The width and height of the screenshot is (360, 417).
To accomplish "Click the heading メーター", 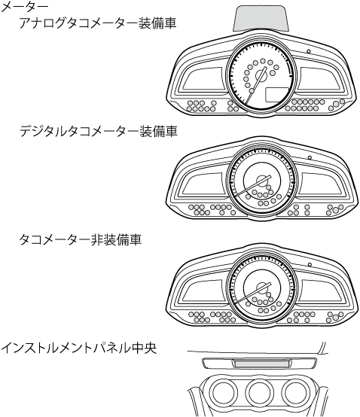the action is [24, 8].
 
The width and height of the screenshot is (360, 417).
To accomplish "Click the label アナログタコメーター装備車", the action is [98, 23].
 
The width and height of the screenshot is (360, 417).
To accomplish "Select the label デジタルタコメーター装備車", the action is [99, 131].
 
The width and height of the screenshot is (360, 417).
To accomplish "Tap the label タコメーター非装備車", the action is [80, 239].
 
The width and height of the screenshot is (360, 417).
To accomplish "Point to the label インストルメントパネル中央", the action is [78, 348].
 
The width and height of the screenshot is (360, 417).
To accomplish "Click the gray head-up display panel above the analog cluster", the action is [261, 18].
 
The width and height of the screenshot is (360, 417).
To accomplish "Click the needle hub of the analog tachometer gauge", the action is [261, 76].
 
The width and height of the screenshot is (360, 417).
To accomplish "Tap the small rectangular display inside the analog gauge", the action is [277, 95].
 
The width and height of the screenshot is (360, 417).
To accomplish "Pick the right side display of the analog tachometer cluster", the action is [320, 79].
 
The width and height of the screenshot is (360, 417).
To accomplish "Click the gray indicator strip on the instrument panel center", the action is [261, 364].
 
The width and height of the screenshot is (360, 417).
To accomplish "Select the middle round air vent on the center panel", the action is [259, 392].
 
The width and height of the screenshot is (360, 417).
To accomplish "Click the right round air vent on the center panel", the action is [295, 392].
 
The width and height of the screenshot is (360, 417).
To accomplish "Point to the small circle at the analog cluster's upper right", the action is [309, 51].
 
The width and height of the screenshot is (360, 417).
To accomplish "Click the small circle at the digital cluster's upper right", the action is [310, 157].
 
